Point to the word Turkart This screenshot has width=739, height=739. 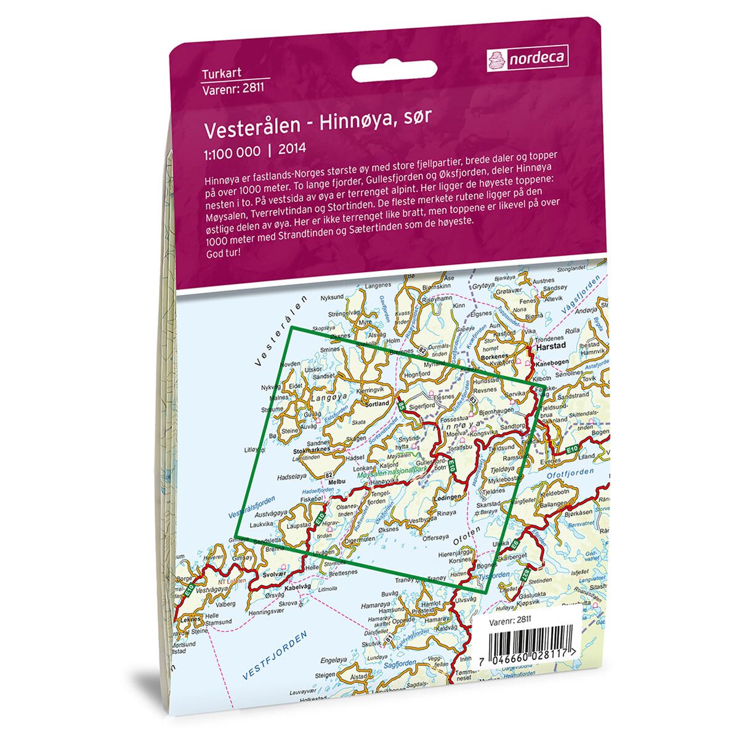coord(219,75)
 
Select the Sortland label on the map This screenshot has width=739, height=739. coord(378,404)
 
